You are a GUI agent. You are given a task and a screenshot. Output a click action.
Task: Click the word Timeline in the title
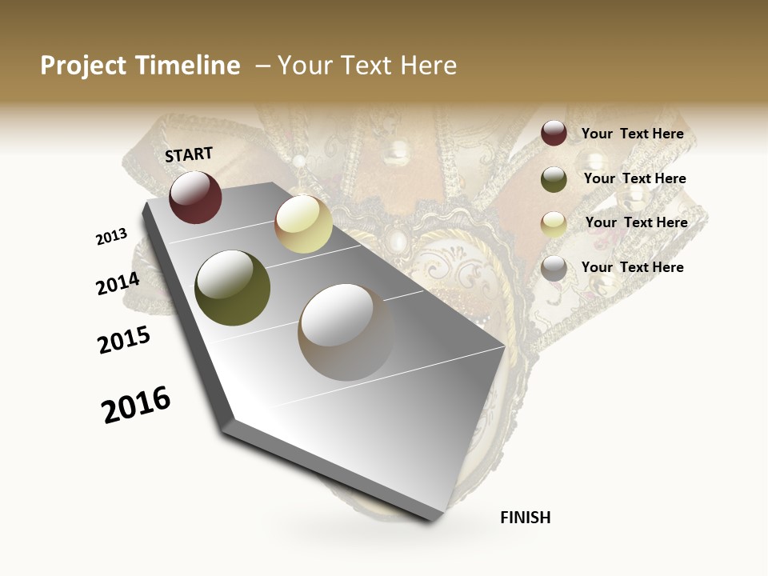coord(190,66)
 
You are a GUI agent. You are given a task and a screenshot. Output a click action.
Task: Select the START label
coord(189,154)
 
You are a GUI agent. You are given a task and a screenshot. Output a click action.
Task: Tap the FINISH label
coord(526,518)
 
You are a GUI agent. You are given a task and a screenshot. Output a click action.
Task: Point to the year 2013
coord(111,237)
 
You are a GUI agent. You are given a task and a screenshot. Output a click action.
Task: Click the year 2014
coord(118,284)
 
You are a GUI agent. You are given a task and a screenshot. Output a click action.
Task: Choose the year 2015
coord(124,340)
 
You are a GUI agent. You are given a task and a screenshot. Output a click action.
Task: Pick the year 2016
coord(136,405)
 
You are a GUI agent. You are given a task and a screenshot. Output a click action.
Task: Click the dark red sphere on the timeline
coord(195,197)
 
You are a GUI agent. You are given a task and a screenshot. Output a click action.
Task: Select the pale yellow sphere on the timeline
coord(303,224)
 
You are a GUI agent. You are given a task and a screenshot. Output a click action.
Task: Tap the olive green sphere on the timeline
coord(233,288)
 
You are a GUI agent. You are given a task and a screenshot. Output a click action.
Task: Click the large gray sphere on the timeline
coord(346,332)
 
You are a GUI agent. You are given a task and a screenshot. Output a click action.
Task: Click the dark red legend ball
coord(554,133)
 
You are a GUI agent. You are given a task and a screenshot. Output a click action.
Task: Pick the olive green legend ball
coord(554,179)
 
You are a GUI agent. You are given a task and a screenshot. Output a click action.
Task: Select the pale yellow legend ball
coord(554,224)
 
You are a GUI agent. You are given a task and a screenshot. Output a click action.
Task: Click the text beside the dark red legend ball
coord(632,134)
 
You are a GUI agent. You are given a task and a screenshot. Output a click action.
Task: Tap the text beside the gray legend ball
coord(632,267)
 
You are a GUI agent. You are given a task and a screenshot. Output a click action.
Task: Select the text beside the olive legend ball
coord(634,178)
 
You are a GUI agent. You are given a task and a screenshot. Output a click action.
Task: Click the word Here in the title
coord(428,66)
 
